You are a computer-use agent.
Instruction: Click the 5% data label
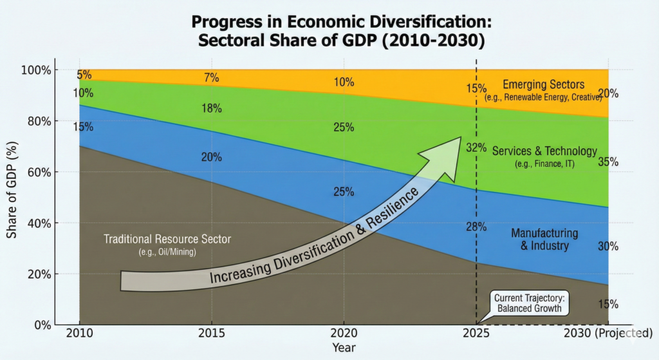84,75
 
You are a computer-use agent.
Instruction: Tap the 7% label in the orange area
211,78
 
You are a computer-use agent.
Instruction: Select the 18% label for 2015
211,108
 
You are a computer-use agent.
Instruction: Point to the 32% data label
476,148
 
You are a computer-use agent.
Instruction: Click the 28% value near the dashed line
476,227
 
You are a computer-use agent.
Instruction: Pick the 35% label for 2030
608,162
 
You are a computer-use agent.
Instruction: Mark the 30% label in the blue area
608,247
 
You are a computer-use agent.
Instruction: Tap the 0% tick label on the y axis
42,325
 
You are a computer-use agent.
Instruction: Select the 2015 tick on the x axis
211,334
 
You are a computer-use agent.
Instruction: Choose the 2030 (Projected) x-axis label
608,334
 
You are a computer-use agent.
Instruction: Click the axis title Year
344,348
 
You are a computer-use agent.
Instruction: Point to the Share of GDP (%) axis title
12,190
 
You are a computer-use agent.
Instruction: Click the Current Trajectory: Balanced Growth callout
529,303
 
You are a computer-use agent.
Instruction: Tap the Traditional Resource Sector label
167,240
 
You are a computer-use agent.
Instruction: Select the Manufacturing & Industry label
544,240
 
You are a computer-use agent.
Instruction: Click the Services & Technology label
544,151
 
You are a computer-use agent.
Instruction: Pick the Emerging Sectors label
543,84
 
